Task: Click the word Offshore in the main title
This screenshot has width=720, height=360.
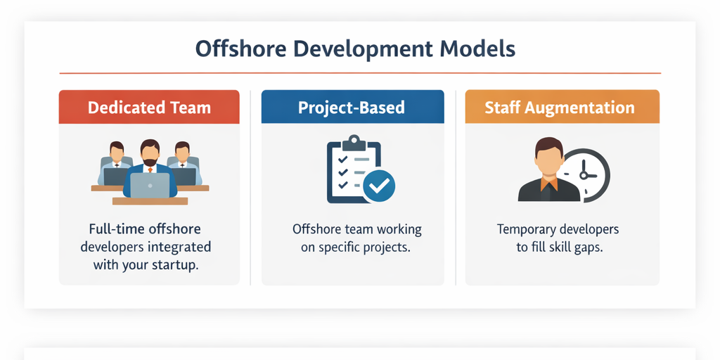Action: (x=237, y=49)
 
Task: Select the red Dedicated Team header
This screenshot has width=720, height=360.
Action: (x=149, y=108)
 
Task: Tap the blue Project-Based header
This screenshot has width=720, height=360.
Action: (x=352, y=108)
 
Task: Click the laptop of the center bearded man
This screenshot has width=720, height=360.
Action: (x=150, y=185)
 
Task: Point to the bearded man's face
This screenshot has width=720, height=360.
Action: (x=150, y=154)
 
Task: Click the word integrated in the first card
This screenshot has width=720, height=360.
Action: (x=181, y=247)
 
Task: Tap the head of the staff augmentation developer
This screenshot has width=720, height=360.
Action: (x=549, y=153)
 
